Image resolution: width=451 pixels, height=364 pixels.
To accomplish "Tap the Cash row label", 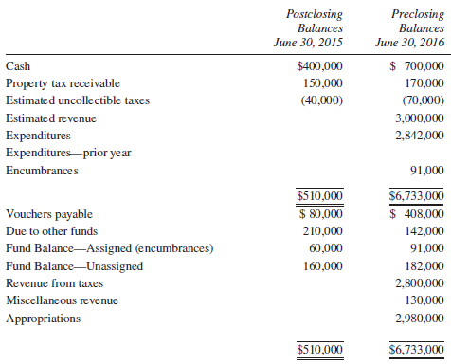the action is coord(17,67).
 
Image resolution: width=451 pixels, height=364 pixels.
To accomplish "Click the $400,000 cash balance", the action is coord(320,67).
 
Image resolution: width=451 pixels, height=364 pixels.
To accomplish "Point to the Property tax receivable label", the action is coord(53,84).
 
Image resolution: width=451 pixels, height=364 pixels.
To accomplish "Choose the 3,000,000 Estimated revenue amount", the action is coord(416,119).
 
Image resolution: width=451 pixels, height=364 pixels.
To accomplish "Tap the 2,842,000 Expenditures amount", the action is coord(416,136).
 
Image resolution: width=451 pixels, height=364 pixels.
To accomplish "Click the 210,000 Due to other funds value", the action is coord(324,231).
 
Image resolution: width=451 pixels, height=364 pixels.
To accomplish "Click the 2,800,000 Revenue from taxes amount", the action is coord(416,283).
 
